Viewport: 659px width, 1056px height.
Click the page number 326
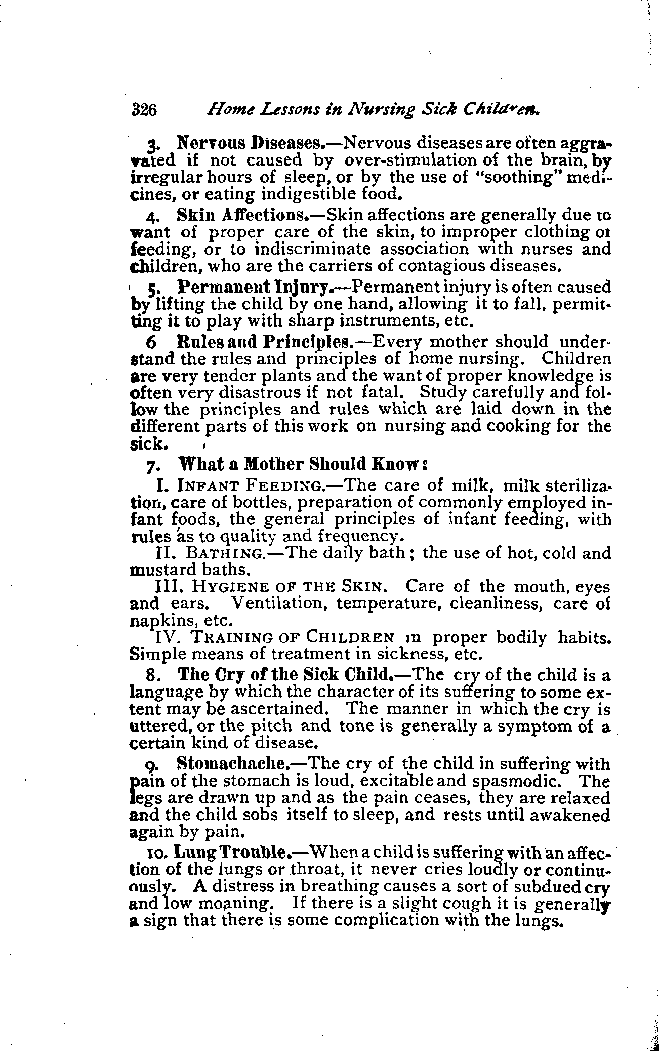point(145,109)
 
